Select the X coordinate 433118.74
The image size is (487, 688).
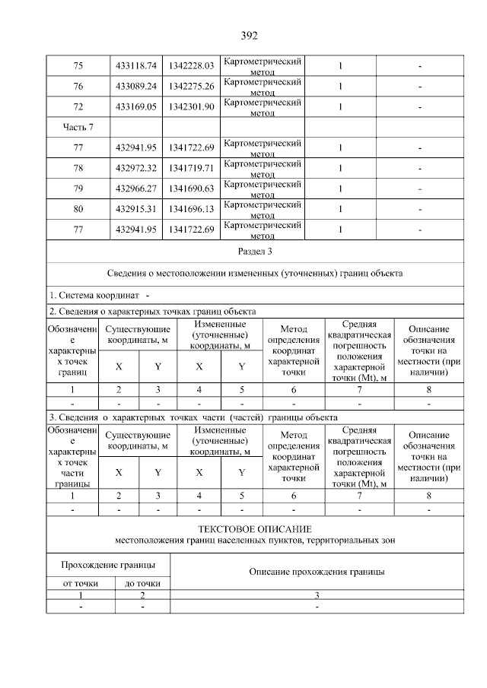tap(135, 66)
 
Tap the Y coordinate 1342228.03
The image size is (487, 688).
tap(192, 66)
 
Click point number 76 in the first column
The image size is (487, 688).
tap(78, 86)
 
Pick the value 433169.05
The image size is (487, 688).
tap(135, 106)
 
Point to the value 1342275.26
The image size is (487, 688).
tap(192, 86)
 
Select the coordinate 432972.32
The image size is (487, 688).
tap(135, 167)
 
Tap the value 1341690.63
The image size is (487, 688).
tap(192, 188)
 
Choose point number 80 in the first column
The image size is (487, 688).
tap(78, 208)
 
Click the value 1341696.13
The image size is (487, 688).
tap(192, 208)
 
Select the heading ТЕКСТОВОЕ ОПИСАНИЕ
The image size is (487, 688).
tap(255, 528)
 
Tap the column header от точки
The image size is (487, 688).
tap(81, 584)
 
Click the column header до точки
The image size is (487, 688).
tap(142, 584)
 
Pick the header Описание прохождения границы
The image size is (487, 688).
tap(317, 571)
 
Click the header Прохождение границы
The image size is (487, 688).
tap(108, 565)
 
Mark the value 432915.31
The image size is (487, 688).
tap(135, 208)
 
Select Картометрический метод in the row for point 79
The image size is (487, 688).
tap(263, 188)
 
